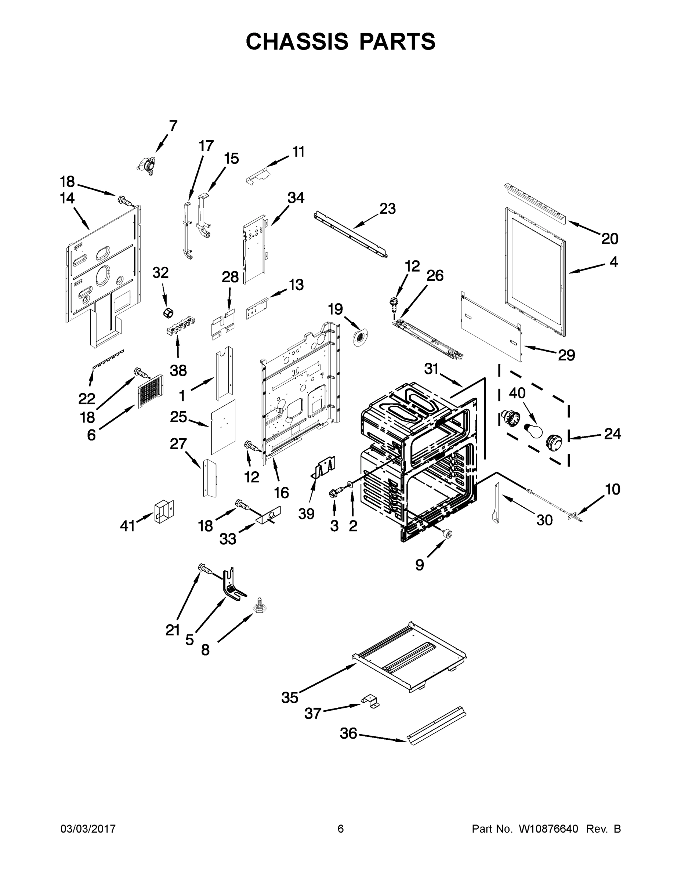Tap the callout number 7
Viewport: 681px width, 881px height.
click(173, 126)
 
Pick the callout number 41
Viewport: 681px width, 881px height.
click(127, 526)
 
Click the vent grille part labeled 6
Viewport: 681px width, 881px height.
click(151, 391)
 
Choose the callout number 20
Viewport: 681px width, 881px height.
click(609, 239)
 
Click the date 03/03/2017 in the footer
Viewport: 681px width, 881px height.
click(88, 829)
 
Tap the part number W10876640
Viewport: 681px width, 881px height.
click(548, 829)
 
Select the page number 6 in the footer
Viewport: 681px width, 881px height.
click(341, 829)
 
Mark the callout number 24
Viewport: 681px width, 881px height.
click(612, 434)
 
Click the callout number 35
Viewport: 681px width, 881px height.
click(290, 697)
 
